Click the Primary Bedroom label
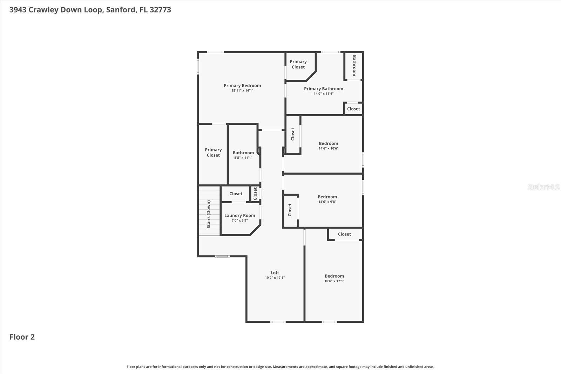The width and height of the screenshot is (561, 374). click(x=242, y=86)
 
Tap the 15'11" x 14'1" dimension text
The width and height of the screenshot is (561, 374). click(x=242, y=91)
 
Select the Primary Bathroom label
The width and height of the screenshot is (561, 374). click(x=323, y=89)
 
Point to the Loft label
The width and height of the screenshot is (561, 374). click(x=275, y=273)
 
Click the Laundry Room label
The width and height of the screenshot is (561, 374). click(x=240, y=216)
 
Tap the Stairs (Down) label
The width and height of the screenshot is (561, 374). click(x=209, y=214)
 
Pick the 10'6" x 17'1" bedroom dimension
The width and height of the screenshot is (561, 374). click(x=334, y=281)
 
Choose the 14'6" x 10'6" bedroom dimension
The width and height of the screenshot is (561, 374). click(x=328, y=149)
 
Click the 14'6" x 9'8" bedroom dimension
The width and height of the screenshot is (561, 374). click(x=327, y=202)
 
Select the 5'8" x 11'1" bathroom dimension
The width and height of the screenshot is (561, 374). click(x=243, y=158)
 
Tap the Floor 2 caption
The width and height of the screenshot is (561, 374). click(x=22, y=337)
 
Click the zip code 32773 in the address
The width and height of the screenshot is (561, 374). click(x=160, y=10)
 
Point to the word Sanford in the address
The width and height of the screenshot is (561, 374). click(x=121, y=10)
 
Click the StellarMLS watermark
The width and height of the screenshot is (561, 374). click(x=543, y=187)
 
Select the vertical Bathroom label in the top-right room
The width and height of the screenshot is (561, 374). click(x=354, y=66)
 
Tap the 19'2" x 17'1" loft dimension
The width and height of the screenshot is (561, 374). click(x=275, y=278)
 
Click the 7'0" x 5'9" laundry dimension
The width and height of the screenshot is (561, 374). click(x=240, y=220)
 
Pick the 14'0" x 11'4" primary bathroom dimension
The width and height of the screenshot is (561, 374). click(x=323, y=94)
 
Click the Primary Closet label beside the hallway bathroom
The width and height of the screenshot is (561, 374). click(x=213, y=152)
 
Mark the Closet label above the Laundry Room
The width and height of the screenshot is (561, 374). click(x=236, y=194)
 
